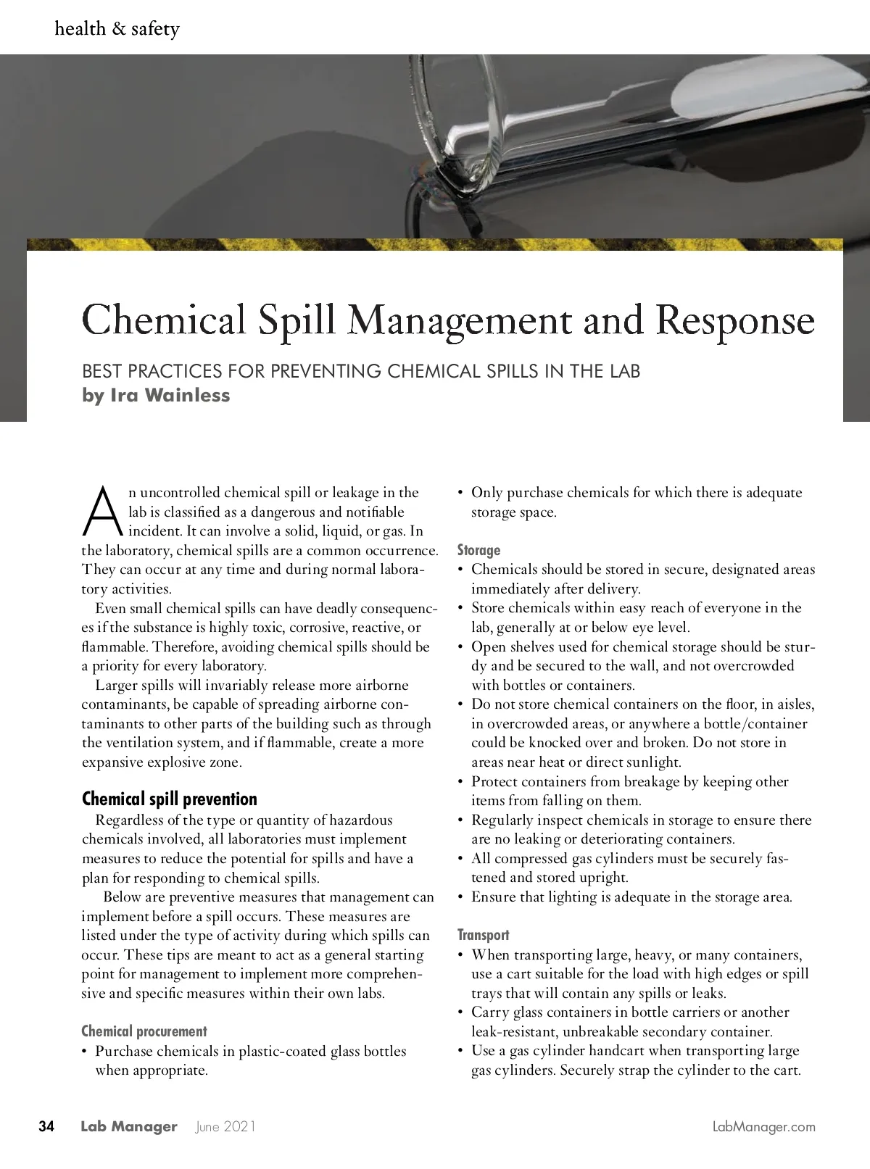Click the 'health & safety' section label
(117, 29)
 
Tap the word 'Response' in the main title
(735, 321)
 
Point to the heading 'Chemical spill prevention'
(170, 799)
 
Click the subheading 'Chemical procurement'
(144, 1031)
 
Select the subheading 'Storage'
(478, 550)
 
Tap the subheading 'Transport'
(483, 935)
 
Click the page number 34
(46, 1127)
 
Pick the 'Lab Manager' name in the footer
(129, 1127)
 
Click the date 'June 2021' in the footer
(225, 1127)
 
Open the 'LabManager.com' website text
(764, 1127)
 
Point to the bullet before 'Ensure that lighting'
(460, 897)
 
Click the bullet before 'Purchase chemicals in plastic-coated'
(85, 1052)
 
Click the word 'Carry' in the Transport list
(490, 1012)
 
